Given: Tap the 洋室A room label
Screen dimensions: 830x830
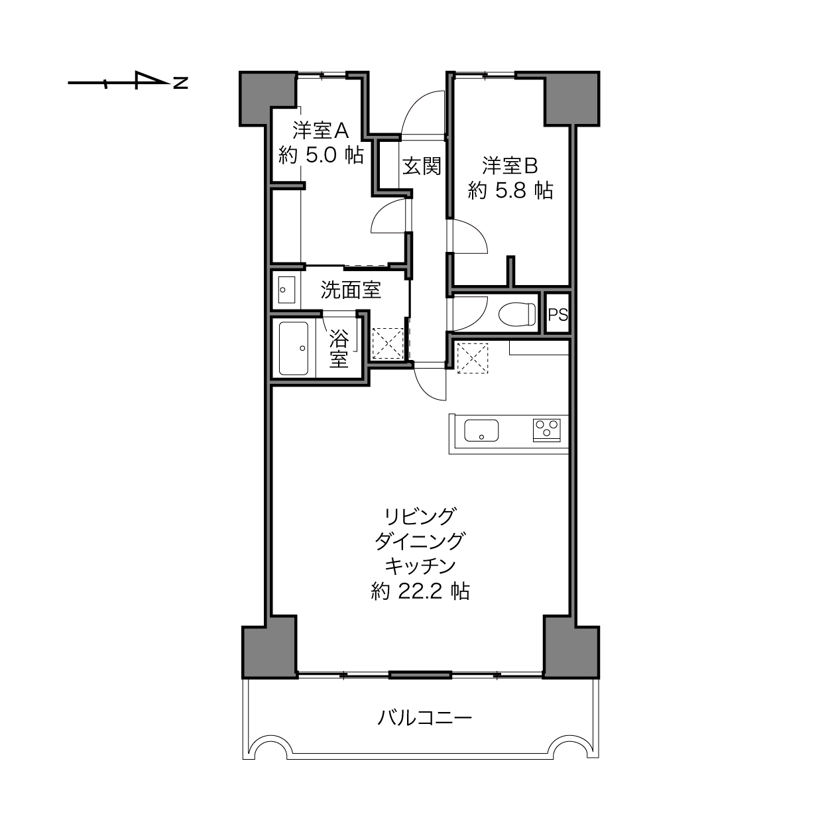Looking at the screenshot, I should tap(321, 129).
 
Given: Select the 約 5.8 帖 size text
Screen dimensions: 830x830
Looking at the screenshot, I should tap(510, 191).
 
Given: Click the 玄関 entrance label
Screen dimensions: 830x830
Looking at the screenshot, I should tap(422, 165).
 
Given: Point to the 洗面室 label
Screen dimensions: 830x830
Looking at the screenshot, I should tap(351, 290).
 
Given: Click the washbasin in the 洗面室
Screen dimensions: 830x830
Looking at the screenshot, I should tap(286, 290).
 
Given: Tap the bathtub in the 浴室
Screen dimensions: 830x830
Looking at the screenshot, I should tap(294, 349).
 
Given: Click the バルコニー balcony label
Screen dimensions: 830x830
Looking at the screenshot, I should tap(424, 718).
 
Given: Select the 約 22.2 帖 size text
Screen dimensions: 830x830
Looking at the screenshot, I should tap(420, 591).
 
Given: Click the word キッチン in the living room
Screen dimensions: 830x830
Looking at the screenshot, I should tap(420, 565).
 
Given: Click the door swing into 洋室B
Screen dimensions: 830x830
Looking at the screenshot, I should tap(471, 236).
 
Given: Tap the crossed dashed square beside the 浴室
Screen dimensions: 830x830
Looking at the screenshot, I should tap(388, 343).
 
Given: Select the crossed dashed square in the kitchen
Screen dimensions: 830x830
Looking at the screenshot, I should tap(472, 359).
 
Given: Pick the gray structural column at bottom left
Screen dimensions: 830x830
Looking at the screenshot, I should tap(269, 651).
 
